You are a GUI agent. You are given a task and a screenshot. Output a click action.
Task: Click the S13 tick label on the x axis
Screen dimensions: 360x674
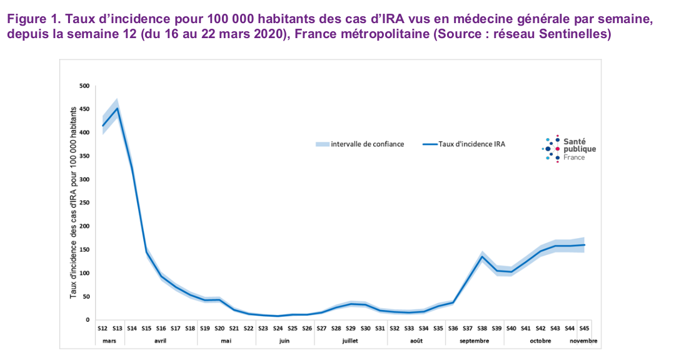(117, 327)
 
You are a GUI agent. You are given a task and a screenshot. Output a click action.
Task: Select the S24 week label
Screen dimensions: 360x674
(278, 327)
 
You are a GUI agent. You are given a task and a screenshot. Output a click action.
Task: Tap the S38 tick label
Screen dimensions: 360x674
(482, 327)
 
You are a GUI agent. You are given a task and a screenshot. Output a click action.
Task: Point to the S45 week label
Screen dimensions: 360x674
(584, 327)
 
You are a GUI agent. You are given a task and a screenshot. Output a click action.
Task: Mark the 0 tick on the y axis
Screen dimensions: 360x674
(88, 320)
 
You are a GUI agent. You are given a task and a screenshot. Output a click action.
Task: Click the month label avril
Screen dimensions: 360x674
(161, 341)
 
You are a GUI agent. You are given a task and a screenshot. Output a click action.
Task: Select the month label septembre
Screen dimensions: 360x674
(475, 341)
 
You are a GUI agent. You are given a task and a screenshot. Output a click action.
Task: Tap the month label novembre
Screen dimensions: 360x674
(584, 341)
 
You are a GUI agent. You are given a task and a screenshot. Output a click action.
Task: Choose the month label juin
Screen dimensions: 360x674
(284, 341)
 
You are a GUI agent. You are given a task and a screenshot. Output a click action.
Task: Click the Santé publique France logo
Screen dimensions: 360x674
(568, 149)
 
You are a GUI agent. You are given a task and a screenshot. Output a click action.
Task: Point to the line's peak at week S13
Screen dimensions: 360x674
(117, 108)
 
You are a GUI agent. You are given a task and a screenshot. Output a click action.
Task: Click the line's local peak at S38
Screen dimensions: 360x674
(482, 256)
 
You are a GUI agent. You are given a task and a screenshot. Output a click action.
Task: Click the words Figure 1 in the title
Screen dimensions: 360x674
(32, 19)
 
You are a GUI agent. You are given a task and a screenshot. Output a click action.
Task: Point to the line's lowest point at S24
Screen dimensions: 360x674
(278, 316)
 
